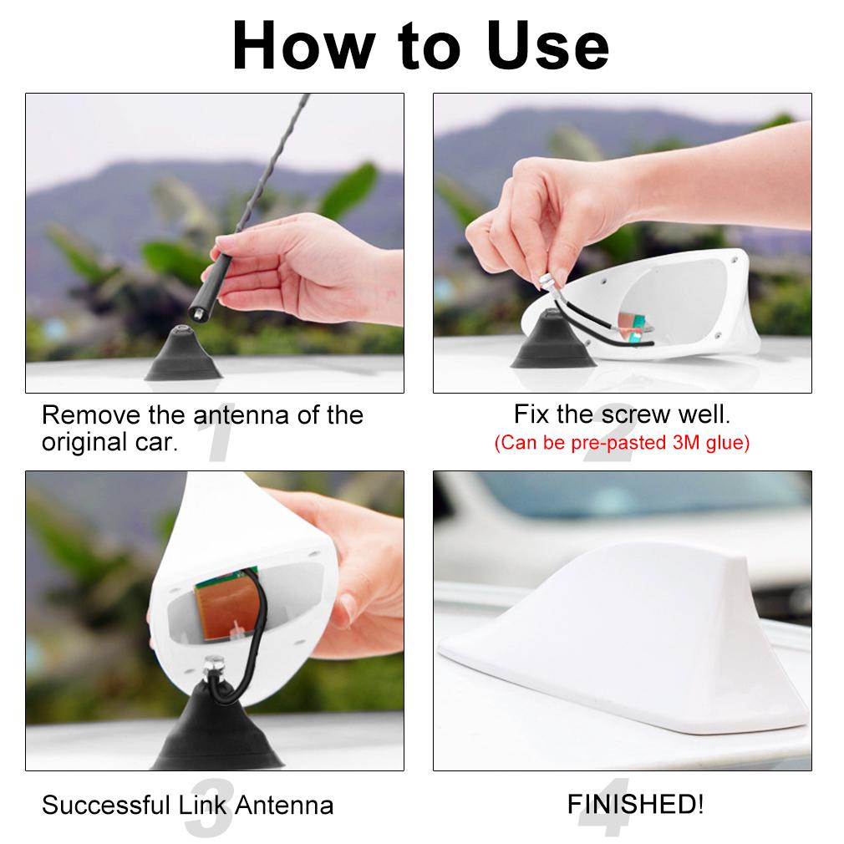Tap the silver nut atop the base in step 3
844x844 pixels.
click(x=214, y=667)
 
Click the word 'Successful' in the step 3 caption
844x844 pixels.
click(x=105, y=806)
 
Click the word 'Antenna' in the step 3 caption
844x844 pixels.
click(x=284, y=806)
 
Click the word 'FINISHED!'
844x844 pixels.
click(x=635, y=805)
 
